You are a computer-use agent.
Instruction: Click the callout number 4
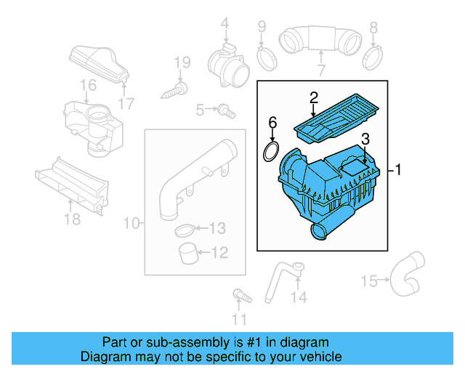point(225,23)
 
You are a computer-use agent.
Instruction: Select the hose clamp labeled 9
point(266,54)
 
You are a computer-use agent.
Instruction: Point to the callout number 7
point(320,70)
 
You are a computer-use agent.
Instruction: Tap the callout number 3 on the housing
point(365,139)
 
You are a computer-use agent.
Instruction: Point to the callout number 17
point(126,103)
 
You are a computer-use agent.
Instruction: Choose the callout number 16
point(87,86)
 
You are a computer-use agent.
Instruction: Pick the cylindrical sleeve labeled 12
point(190,256)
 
